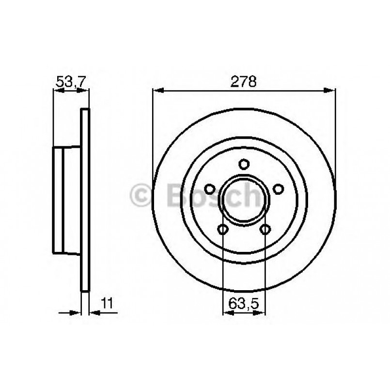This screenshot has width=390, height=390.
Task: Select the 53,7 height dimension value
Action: [x=70, y=82]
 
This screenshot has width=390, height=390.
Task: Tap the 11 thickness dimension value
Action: [x=107, y=304]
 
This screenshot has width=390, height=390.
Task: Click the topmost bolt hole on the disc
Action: [x=244, y=165]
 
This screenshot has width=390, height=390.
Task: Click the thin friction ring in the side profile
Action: [x=85, y=201]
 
